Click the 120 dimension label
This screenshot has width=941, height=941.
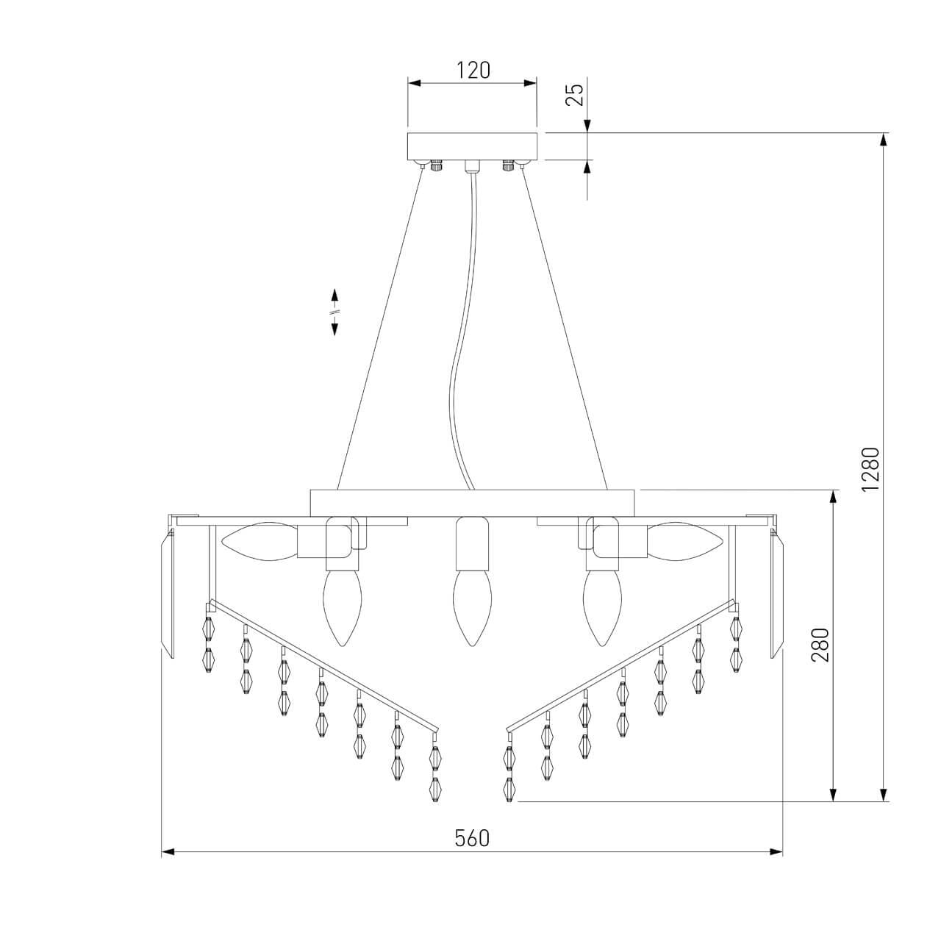pos(473,71)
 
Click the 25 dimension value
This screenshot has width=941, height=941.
pos(576,95)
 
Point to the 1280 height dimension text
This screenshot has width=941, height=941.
pos(870,470)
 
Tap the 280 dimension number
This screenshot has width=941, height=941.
pos(820,645)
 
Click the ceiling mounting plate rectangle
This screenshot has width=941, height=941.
pos(472,146)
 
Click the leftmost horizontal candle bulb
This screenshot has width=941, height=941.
pos(259,540)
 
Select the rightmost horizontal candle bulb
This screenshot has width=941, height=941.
pos(684,540)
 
